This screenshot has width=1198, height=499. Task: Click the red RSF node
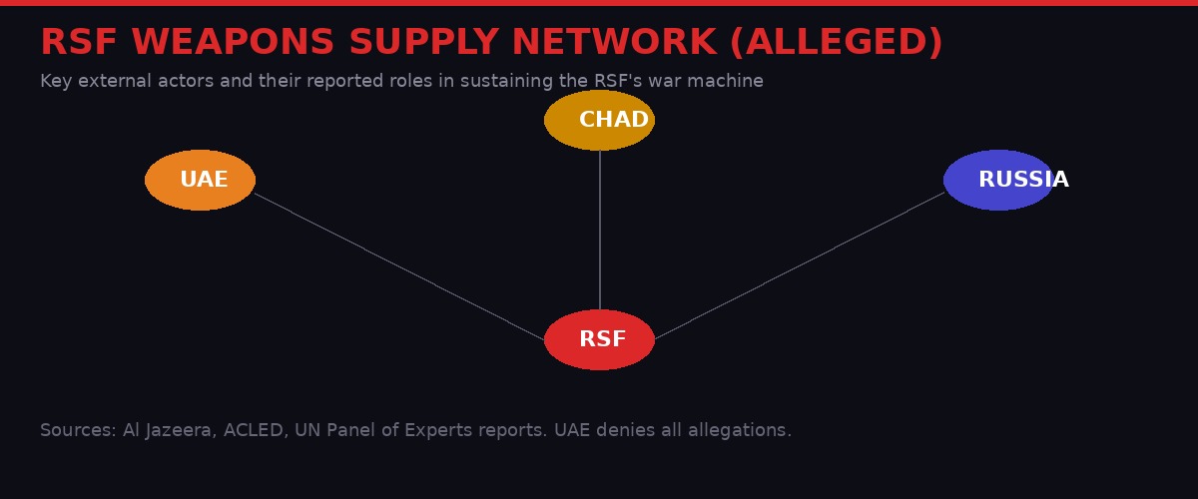pos(599,339)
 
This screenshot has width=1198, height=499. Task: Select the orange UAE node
pos(200,180)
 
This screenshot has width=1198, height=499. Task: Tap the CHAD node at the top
pos(599,120)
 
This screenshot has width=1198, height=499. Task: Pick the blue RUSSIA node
pos(998,180)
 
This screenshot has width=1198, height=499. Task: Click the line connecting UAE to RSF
pos(399,266)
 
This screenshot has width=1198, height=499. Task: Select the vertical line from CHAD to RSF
pos(600,230)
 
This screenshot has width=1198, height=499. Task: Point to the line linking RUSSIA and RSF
pos(799,266)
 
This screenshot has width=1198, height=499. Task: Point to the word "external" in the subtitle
pos(112,82)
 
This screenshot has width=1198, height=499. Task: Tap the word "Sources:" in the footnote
pos(78,431)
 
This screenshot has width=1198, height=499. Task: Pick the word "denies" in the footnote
pos(629,431)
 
